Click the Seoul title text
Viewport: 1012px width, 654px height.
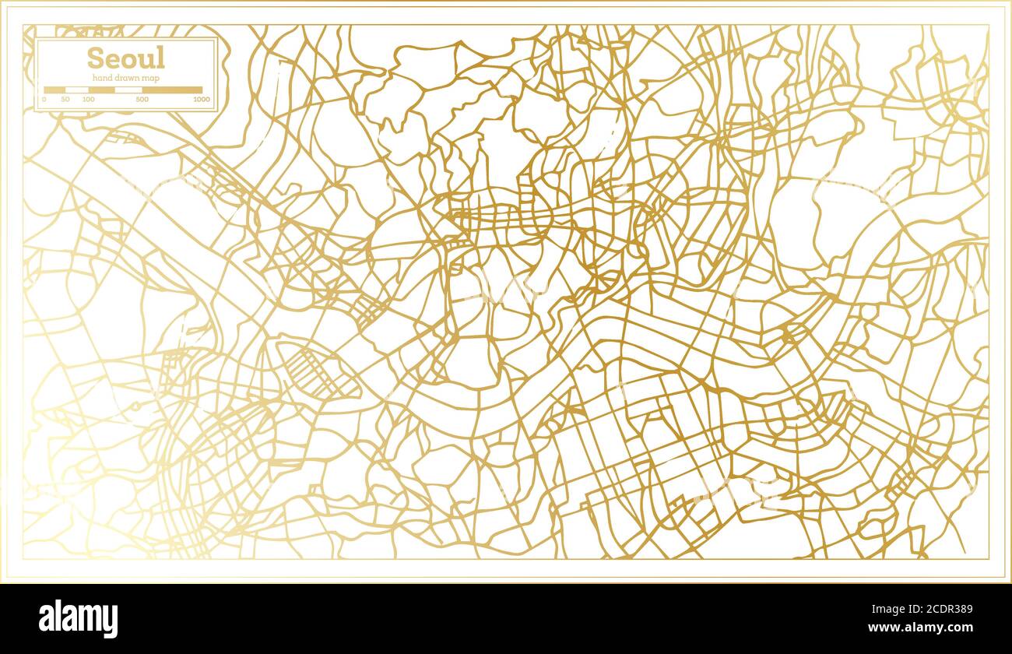click(x=125, y=58)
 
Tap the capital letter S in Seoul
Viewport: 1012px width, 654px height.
click(x=95, y=58)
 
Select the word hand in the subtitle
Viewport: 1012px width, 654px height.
click(x=101, y=78)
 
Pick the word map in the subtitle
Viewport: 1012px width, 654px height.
click(x=149, y=78)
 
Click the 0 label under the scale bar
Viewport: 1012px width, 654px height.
click(x=44, y=100)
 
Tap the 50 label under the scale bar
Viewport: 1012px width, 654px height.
click(x=65, y=100)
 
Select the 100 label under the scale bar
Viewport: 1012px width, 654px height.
click(x=88, y=100)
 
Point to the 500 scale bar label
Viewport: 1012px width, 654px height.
click(x=142, y=100)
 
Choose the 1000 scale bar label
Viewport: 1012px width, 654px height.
click(x=201, y=100)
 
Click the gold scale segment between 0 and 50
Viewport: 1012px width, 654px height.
click(x=54, y=90)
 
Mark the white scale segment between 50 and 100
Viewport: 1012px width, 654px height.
click(x=76, y=90)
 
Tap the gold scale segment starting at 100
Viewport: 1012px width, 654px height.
click(x=101, y=90)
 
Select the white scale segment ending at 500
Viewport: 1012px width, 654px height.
click(x=128, y=90)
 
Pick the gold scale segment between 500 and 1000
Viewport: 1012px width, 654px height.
click(x=172, y=90)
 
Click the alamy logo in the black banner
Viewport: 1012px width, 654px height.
click(x=79, y=619)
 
